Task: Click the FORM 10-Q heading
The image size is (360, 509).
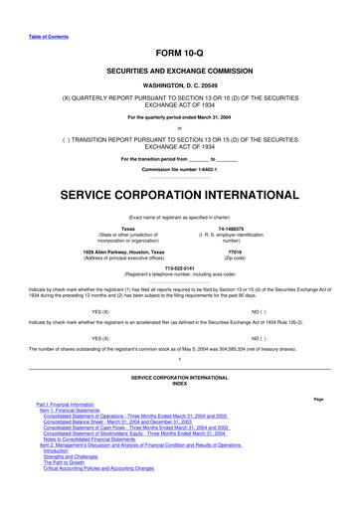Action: click(179, 51)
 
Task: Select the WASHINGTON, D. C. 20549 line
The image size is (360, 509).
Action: click(179, 86)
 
